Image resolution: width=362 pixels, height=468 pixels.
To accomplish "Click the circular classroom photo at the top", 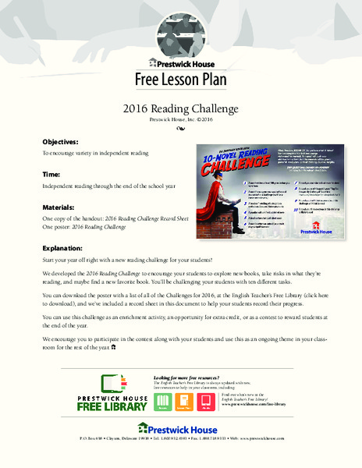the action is point(180,31).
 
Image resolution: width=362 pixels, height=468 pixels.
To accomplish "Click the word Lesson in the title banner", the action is point(182,80).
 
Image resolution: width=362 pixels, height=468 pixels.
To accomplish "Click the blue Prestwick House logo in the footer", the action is point(181,428).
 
